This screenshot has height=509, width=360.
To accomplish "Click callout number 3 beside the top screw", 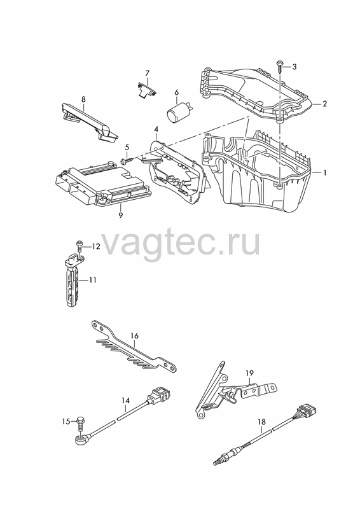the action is [294, 67].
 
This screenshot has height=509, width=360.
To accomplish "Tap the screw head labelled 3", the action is [279, 62].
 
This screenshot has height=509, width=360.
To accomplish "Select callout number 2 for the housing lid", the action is [324, 104].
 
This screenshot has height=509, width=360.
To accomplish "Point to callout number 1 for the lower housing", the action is [324, 172].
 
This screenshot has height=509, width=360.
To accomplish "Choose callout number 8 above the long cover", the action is [83, 99].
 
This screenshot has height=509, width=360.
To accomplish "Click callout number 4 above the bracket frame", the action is [156, 129].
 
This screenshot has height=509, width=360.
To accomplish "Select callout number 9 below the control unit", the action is [121, 216].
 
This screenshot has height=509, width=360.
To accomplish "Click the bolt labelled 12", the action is [79, 246].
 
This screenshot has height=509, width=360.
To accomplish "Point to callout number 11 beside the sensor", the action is [93, 280].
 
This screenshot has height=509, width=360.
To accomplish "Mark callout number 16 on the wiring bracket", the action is [134, 336].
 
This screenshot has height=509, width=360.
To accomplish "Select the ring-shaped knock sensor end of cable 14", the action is [80, 440].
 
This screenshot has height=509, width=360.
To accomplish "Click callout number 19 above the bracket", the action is [249, 373].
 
